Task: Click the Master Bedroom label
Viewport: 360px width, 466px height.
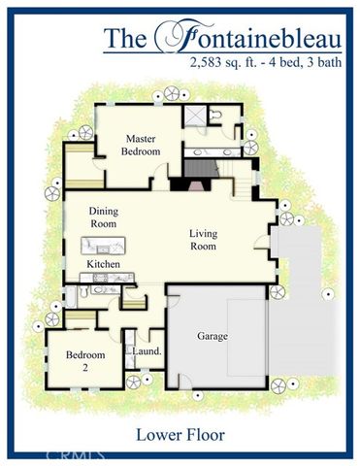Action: coord(139,145)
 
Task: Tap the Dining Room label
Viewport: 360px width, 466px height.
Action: coord(103,216)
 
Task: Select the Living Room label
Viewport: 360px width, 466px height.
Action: coord(203,238)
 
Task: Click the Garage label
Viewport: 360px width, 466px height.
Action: coord(213,336)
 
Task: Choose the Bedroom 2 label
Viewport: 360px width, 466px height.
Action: coord(84,360)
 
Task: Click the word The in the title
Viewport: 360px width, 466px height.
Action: coord(126,40)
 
